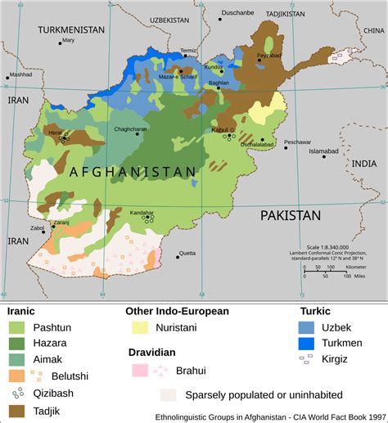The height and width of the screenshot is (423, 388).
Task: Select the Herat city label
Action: [x=55, y=132]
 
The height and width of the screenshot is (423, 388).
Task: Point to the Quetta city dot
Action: [x=178, y=257]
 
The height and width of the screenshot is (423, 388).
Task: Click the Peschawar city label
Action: [x=297, y=142]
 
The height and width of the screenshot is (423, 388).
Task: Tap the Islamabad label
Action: [x=323, y=151]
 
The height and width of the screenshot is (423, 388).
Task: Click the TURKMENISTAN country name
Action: [x=71, y=29]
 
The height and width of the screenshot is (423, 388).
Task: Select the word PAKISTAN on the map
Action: [x=291, y=216]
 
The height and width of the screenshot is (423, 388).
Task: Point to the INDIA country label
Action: [x=363, y=164]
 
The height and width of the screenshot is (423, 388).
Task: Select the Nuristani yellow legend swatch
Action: [x=140, y=327]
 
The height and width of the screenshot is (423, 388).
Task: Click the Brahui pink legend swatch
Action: [x=140, y=371]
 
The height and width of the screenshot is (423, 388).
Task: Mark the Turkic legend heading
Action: [x=316, y=310]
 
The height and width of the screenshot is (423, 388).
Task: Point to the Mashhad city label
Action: [x=20, y=74]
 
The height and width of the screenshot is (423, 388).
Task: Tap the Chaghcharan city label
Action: [x=131, y=128]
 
